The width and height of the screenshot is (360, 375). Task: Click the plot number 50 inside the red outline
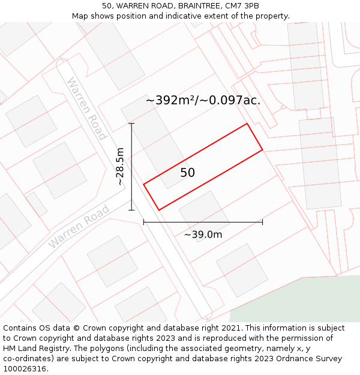coord(188,173)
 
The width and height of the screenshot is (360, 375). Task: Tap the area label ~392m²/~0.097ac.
coord(203,100)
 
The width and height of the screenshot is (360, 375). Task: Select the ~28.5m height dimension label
coord(121,167)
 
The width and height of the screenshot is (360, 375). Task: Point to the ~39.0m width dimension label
coord(203,235)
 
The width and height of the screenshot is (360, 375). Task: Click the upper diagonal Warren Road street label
coord(86,108)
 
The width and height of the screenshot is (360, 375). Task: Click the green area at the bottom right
coord(300,303)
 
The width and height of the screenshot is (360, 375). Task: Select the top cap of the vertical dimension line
coord(131,124)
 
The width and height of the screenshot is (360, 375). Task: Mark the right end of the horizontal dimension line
coord(262,222)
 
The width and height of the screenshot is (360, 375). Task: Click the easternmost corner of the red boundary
coord(263,149)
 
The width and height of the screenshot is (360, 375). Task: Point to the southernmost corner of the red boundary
coord(159,210)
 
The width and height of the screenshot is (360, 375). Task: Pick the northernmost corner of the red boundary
coord(247,124)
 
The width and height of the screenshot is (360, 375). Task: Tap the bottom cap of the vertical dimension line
coord(131,210)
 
